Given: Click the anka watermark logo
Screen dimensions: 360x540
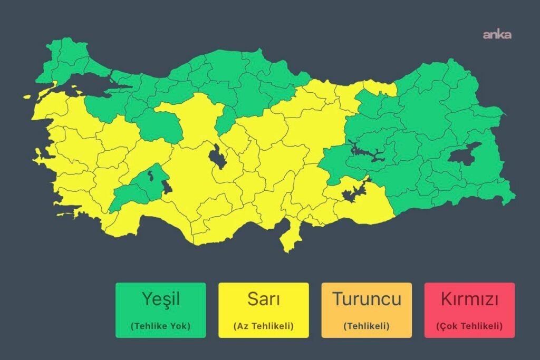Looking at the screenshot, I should [497, 35].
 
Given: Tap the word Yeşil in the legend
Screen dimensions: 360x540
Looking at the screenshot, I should [161, 299].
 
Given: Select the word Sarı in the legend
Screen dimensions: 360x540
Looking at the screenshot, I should [263, 299].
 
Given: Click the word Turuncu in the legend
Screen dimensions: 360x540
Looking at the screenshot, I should [367, 299].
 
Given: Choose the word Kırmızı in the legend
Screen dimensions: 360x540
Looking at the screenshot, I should [469, 299].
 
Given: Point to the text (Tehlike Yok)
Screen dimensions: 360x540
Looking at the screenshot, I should [161, 326].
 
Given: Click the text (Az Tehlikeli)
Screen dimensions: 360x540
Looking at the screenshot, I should [263, 326].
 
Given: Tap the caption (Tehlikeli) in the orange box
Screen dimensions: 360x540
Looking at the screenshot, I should [367, 326].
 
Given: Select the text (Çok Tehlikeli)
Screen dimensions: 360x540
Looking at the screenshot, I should [469, 326].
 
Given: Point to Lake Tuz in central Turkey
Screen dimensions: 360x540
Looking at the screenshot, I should [217, 157].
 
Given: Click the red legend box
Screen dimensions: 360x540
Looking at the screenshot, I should [469, 310].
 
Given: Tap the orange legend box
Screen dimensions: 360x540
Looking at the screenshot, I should [367, 310].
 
